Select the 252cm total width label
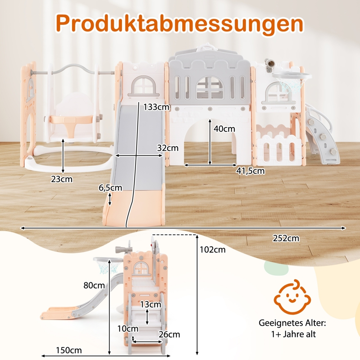click(286, 238)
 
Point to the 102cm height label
click(213, 249)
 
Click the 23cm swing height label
click(61, 179)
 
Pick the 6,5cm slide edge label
click(110, 188)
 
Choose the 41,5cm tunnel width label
click(250, 171)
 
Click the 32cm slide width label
click(168, 148)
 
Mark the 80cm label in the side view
click(94, 285)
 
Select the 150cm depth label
click(69, 350)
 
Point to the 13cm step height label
click(151, 305)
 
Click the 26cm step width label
click(169, 334)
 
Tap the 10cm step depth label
click(127, 328)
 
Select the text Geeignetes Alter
click(292, 323)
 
